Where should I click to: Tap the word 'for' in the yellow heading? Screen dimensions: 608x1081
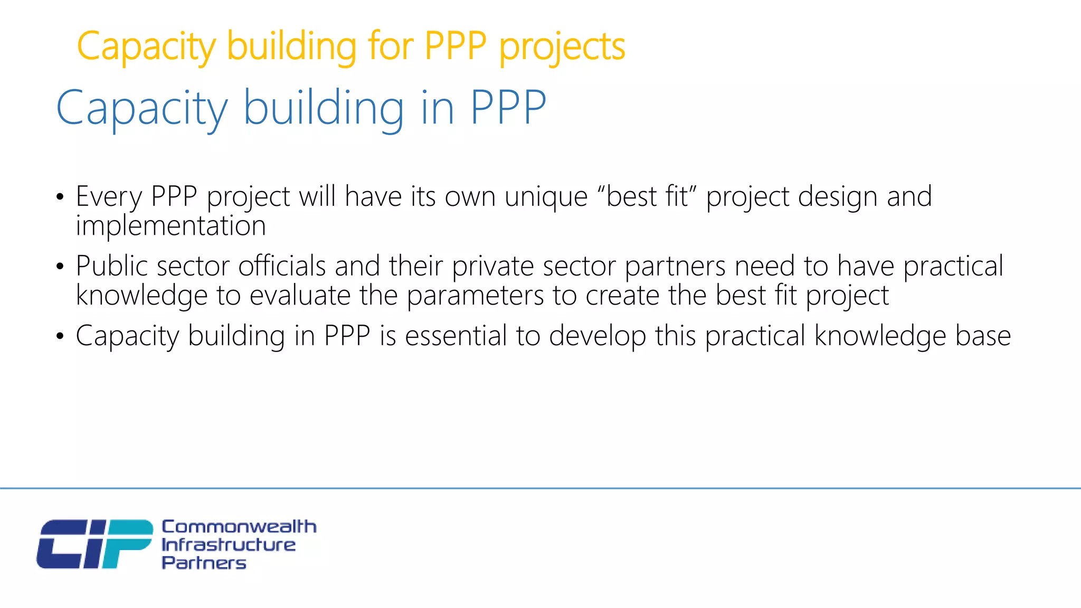point(391,46)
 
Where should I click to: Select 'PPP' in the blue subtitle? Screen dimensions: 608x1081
point(508,108)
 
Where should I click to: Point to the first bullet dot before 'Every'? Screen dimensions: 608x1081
point(60,197)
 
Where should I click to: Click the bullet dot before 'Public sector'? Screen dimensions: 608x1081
point(60,267)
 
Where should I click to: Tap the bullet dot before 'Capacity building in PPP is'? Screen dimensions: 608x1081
point(60,336)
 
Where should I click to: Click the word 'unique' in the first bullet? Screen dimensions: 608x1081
point(546,197)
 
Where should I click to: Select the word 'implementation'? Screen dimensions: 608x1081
point(170,226)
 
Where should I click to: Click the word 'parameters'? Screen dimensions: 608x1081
point(475,295)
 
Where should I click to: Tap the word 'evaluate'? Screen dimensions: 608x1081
point(300,295)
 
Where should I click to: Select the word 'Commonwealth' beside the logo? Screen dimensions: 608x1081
point(239,526)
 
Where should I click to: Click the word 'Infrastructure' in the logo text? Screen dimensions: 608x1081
point(228,545)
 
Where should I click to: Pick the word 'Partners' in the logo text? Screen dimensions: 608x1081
point(204,563)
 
